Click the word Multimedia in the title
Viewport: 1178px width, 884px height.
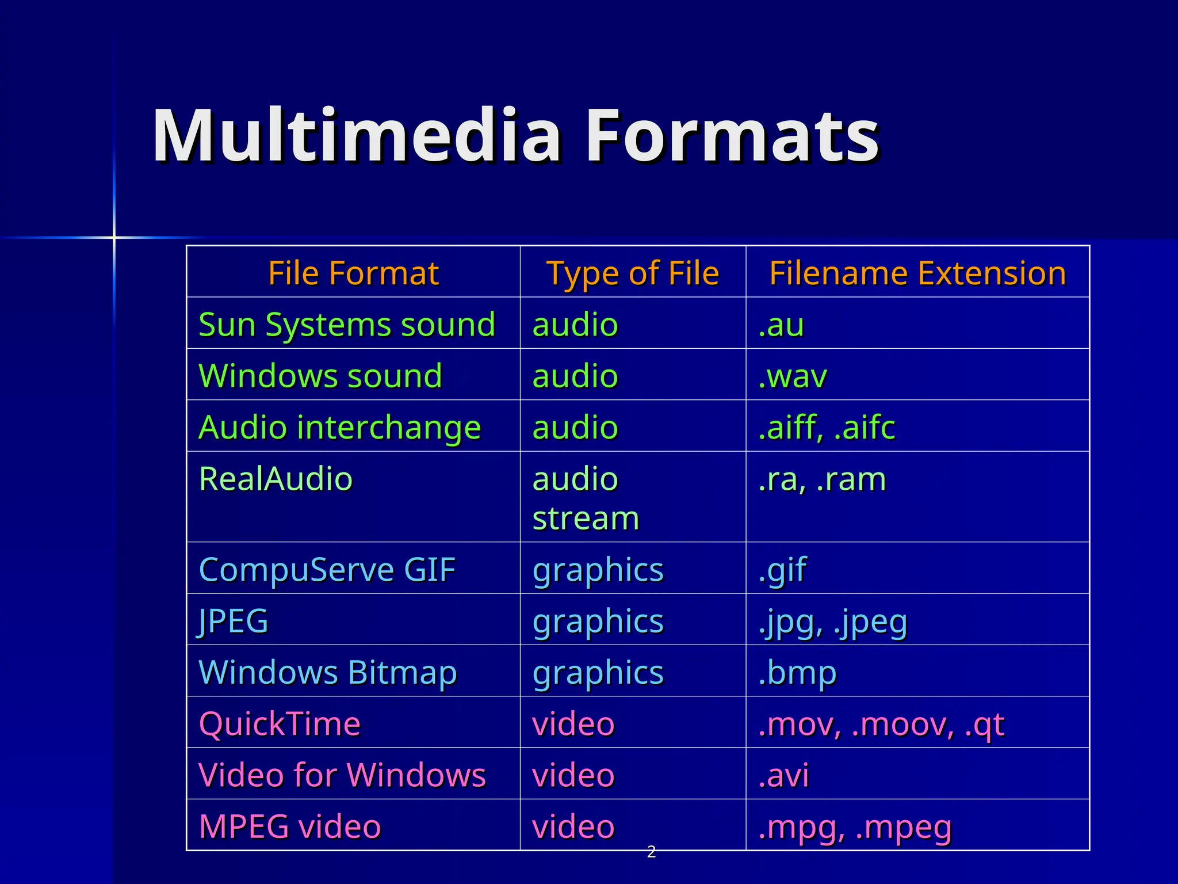click(357, 136)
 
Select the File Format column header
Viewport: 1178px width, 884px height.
click(353, 273)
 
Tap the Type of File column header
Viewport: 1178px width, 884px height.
click(633, 273)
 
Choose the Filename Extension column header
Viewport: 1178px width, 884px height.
click(917, 273)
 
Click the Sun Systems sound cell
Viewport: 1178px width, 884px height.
click(347, 324)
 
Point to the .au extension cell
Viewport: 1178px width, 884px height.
click(781, 325)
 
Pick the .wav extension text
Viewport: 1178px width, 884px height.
click(793, 376)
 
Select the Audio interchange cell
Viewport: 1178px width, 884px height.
click(340, 428)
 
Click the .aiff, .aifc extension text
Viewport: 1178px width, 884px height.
click(827, 428)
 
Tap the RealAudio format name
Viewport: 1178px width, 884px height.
click(276, 479)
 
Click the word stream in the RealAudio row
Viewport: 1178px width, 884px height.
click(586, 518)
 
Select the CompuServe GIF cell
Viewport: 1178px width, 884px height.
click(327, 570)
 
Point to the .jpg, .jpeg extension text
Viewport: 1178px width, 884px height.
click(832, 622)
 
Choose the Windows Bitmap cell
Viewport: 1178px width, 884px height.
click(328, 672)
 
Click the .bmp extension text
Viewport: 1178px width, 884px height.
click(797, 673)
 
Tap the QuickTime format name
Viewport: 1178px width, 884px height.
click(280, 723)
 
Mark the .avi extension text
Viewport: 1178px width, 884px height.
click(783, 775)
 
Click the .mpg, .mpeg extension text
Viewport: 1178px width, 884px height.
click(855, 827)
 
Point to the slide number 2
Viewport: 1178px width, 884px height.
click(651, 852)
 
